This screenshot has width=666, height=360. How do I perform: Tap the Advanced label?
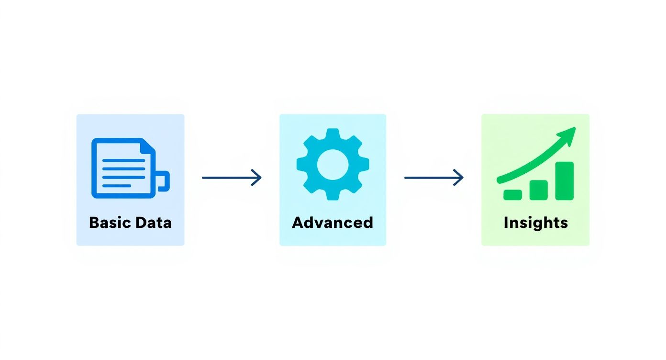(x=333, y=223)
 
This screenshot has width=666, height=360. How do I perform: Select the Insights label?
(x=535, y=223)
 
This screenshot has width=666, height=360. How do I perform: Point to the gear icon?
(x=333, y=164)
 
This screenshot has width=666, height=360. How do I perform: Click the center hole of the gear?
(x=333, y=164)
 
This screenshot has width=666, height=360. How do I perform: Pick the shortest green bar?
(x=512, y=194)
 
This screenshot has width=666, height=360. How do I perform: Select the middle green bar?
(x=538, y=190)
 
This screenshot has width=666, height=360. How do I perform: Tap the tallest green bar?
(x=564, y=180)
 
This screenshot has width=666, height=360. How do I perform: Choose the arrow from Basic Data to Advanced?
(x=232, y=178)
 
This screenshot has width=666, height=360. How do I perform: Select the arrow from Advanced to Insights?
(x=434, y=178)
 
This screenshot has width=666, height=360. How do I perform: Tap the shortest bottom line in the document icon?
(x=117, y=186)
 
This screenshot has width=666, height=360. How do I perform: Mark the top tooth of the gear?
(x=333, y=134)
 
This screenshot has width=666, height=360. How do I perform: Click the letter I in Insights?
(x=506, y=223)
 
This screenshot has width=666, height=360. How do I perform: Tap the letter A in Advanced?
(x=298, y=223)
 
